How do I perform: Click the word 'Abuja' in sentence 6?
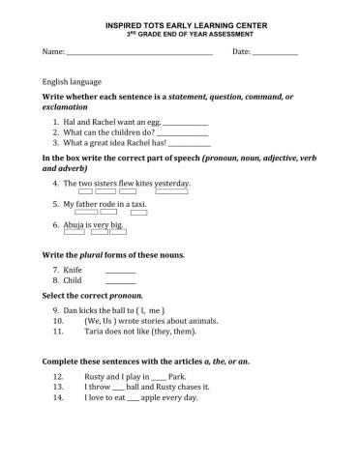click(x=74, y=225)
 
